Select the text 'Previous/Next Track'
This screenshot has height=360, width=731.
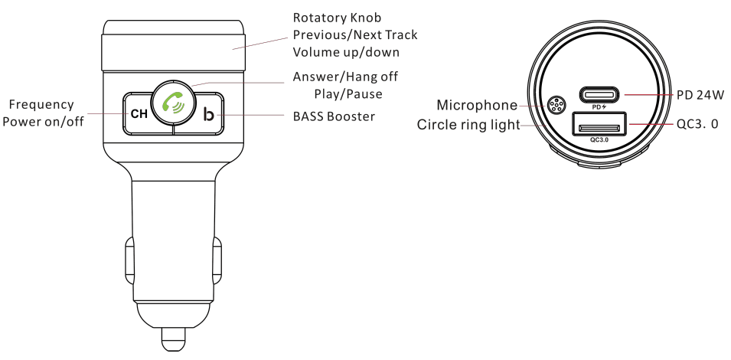[x=355, y=35]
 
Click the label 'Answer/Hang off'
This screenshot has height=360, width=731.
[x=345, y=77]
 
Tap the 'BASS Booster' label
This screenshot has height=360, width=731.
[x=334, y=116]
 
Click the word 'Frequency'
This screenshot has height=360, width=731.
[x=41, y=104]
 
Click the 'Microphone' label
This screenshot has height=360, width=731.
[x=477, y=105]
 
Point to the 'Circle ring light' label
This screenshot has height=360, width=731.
[x=468, y=124]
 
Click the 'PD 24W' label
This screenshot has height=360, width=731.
[x=700, y=95]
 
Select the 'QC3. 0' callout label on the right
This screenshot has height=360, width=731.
[x=697, y=123]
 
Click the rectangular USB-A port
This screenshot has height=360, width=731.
[x=599, y=126]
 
